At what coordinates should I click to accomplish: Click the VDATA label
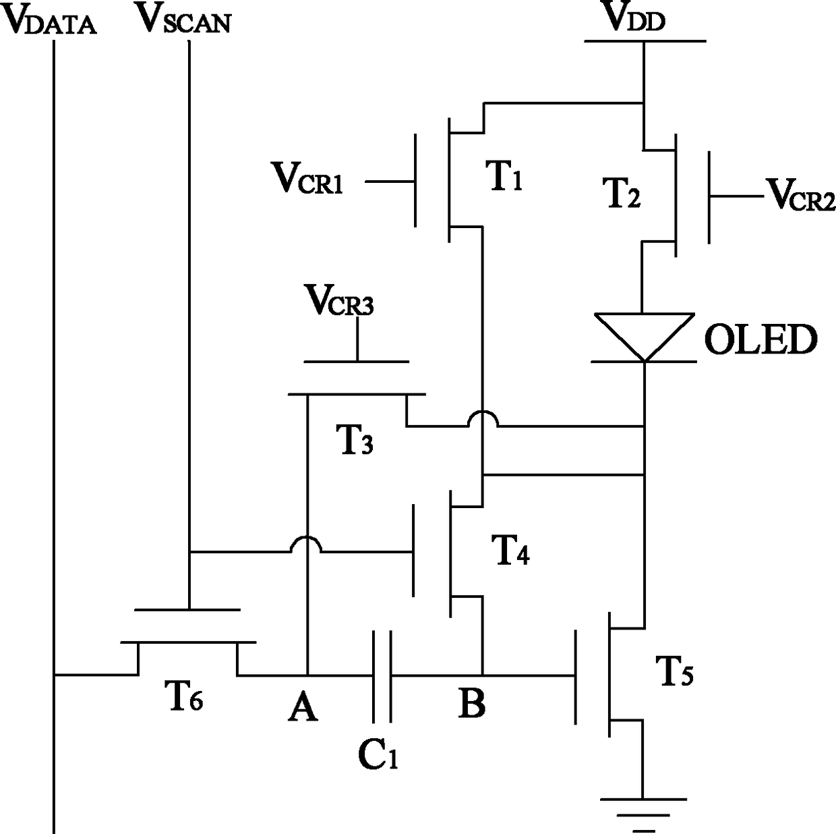(49, 20)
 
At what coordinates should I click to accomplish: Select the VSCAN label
(183, 19)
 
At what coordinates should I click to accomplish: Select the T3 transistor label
(354, 439)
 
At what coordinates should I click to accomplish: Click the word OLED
(760, 339)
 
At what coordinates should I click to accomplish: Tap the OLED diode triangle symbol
(645, 337)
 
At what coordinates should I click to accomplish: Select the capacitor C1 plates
(382, 676)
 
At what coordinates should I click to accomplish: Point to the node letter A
(303, 707)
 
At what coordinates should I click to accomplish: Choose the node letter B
(471, 703)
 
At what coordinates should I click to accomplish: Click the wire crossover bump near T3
(483, 417)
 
